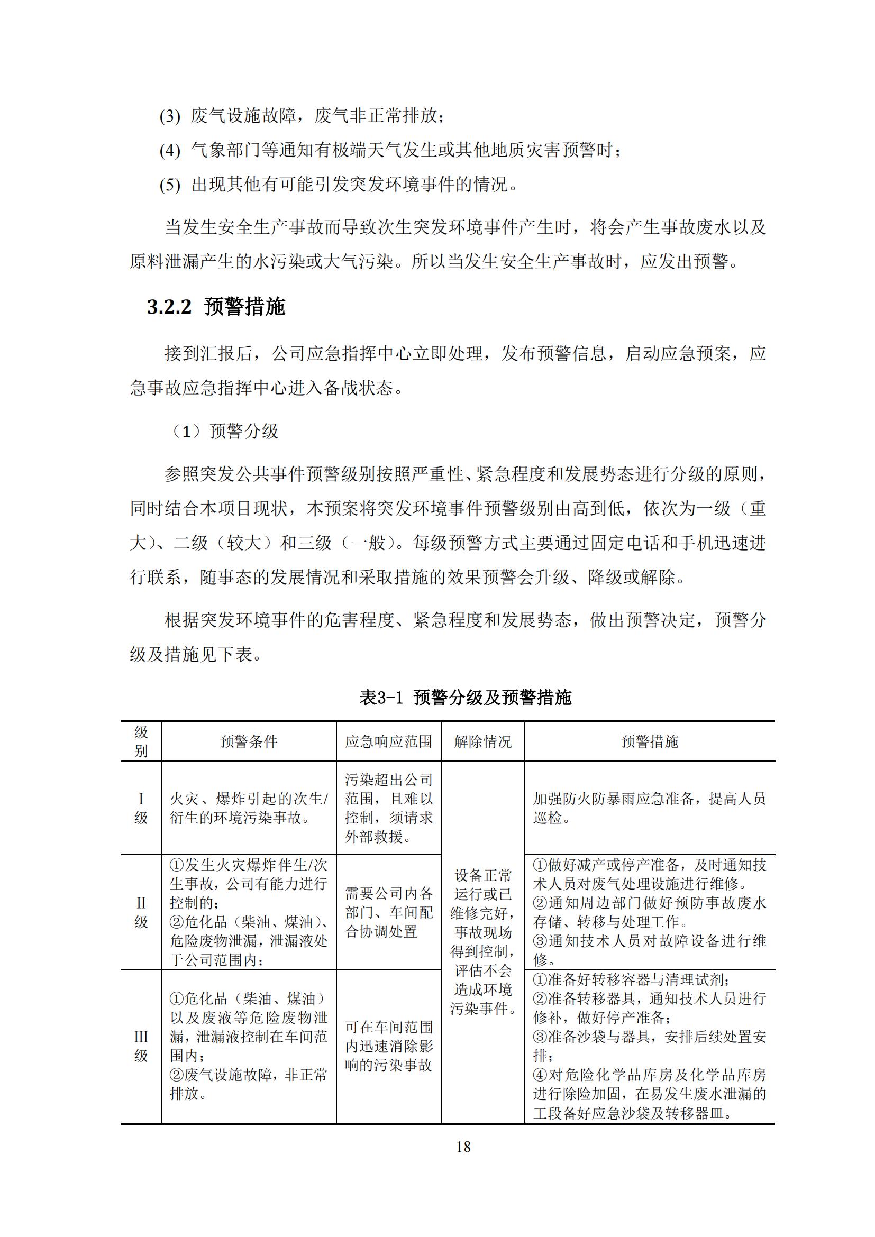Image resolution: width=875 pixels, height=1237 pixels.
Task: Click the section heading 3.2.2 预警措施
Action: coord(216,307)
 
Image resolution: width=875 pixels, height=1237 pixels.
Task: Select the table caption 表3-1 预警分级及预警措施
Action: coord(465,698)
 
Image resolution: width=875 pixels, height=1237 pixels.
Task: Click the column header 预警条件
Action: coord(249,742)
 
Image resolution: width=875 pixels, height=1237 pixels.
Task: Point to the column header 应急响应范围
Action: coord(388,742)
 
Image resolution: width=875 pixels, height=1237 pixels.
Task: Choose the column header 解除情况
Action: coord(483,742)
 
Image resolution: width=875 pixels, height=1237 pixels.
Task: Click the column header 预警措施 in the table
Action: coord(650,742)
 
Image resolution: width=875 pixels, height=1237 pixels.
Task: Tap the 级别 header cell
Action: coord(141,741)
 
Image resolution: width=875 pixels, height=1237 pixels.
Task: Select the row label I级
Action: coord(141,808)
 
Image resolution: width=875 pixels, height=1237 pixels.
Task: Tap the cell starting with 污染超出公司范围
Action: coord(388,808)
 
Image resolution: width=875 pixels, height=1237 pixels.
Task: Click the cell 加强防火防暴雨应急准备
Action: coord(649,808)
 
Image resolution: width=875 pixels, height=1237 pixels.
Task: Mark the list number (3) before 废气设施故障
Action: coord(170,116)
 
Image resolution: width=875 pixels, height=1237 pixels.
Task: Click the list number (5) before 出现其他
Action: coord(170,185)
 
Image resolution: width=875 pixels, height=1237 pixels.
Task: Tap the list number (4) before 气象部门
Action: coord(170,151)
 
